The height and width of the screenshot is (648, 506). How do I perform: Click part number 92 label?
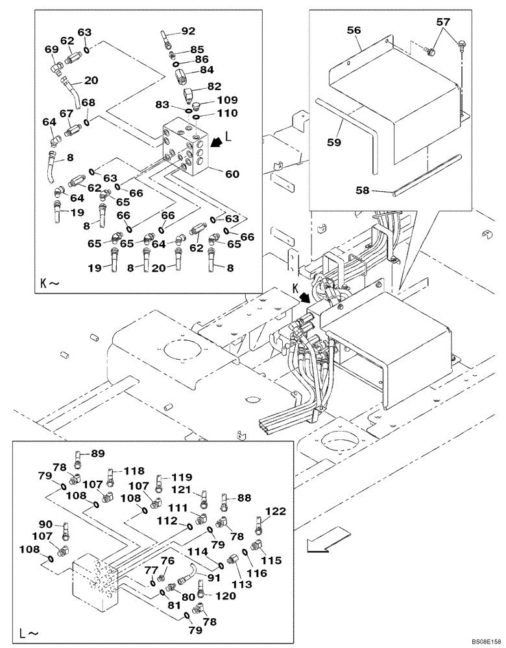coord(187,30)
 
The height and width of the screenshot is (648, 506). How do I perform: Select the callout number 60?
coord(232,173)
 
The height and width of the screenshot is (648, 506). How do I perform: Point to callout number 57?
coord(442,22)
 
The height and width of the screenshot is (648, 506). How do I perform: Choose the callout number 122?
coord(275,512)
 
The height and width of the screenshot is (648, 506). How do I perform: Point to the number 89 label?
coord(97,454)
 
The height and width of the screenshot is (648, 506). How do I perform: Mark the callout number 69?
coord(51,49)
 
